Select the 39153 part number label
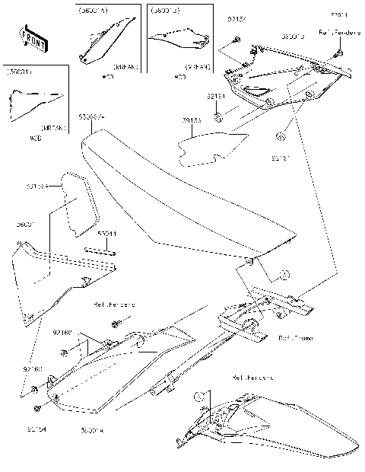190,120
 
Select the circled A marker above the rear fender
200,397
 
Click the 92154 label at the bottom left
36,429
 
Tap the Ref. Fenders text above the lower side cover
114,304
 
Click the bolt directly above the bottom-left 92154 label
36,392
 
